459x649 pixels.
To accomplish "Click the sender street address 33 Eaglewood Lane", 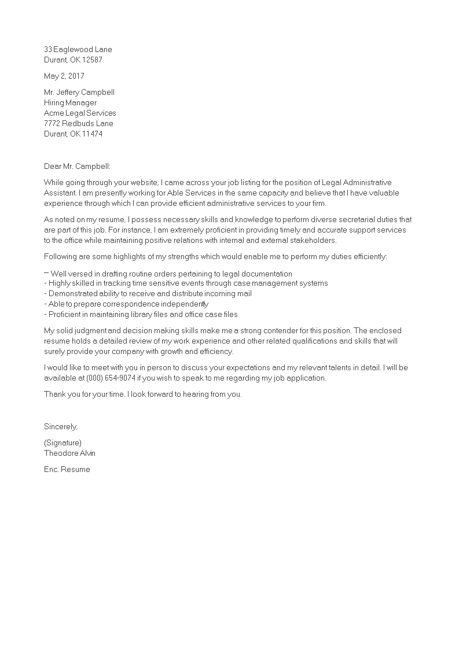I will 78,50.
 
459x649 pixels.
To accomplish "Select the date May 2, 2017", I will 64,76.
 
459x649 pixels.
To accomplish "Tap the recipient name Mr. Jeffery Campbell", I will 83,93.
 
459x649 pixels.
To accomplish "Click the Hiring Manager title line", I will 71,103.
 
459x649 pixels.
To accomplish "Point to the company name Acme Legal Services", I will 80,113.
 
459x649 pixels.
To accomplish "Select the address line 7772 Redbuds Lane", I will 79,124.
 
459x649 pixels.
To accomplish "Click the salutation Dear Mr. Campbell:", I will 77,166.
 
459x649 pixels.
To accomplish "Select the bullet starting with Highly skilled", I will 186,283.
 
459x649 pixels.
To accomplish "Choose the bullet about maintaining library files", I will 141,315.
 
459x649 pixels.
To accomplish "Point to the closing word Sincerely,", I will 61,426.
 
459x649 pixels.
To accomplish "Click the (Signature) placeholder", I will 63,443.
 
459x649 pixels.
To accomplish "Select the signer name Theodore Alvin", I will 70,453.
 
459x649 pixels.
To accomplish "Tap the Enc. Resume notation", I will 67,470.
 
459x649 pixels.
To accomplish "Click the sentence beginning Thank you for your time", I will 142,394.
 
